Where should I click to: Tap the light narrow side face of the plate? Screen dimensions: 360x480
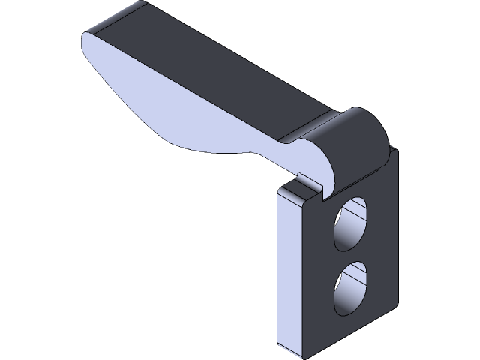point(292,270)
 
